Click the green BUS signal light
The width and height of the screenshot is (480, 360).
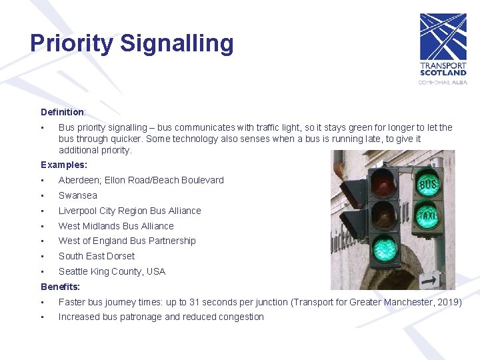(x=428, y=184)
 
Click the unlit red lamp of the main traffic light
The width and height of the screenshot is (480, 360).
(x=384, y=181)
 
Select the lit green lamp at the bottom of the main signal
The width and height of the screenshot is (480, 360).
(x=384, y=250)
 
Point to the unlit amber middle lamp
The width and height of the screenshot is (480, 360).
(x=384, y=215)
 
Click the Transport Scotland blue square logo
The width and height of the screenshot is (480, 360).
(x=443, y=37)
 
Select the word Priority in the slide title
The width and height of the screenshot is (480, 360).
(x=72, y=43)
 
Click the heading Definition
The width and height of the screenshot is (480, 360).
(x=62, y=112)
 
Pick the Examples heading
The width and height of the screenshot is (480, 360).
(x=64, y=165)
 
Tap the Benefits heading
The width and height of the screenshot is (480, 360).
(x=60, y=287)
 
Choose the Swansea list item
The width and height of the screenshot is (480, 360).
(x=78, y=195)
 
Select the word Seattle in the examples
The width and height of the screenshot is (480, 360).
(x=74, y=271)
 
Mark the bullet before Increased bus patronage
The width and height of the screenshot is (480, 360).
(x=42, y=317)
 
